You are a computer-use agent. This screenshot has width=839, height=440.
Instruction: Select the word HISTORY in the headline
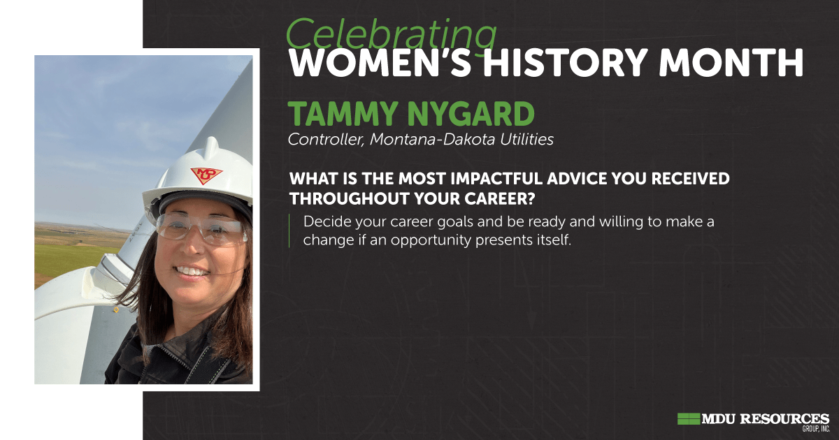pyautogui.click(x=566, y=62)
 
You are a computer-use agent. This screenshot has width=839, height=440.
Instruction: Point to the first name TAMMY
pyautogui.click(x=343, y=114)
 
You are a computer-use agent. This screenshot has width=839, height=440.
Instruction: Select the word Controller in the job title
pyautogui.click(x=326, y=140)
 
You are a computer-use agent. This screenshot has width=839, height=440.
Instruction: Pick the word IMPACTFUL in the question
pyautogui.click(x=496, y=179)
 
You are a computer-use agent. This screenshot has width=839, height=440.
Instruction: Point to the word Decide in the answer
pyautogui.click(x=327, y=221)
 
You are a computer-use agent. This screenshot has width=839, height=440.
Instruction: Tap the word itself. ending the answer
pyautogui.click(x=553, y=240)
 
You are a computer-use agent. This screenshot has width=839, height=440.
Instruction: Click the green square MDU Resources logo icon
pyautogui.click(x=689, y=418)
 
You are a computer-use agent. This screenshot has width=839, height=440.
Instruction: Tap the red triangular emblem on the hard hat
pyautogui.click(x=206, y=175)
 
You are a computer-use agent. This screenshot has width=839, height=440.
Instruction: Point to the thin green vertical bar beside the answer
pyautogui.click(x=289, y=230)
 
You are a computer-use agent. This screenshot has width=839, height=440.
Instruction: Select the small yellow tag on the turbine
pyautogui.click(x=116, y=310)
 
